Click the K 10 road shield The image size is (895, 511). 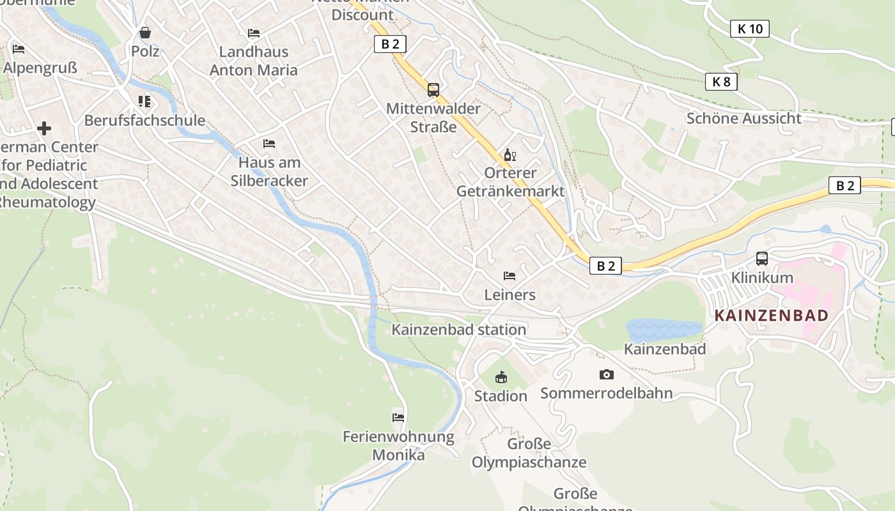(749, 29)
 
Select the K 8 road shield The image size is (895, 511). (722, 82)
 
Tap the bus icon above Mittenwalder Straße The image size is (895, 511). (433, 90)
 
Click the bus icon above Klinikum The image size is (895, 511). (761, 259)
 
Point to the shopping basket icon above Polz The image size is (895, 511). (145, 33)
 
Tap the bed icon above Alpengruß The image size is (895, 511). (19, 49)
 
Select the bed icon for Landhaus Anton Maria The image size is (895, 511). (254, 33)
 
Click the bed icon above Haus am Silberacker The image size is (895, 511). (269, 144)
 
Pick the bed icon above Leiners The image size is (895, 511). (510, 276)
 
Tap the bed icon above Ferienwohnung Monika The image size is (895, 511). (398, 418)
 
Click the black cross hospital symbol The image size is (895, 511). (44, 128)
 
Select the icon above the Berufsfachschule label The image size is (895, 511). (144, 102)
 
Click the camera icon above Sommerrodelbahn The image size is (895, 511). (606, 374)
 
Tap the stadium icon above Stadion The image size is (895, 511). (501, 378)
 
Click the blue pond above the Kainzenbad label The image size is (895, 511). (663, 330)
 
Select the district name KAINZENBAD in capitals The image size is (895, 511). (771, 316)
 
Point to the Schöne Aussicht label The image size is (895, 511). (743, 118)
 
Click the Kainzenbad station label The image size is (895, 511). (459, 330)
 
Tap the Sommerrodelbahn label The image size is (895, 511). (607, 393)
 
